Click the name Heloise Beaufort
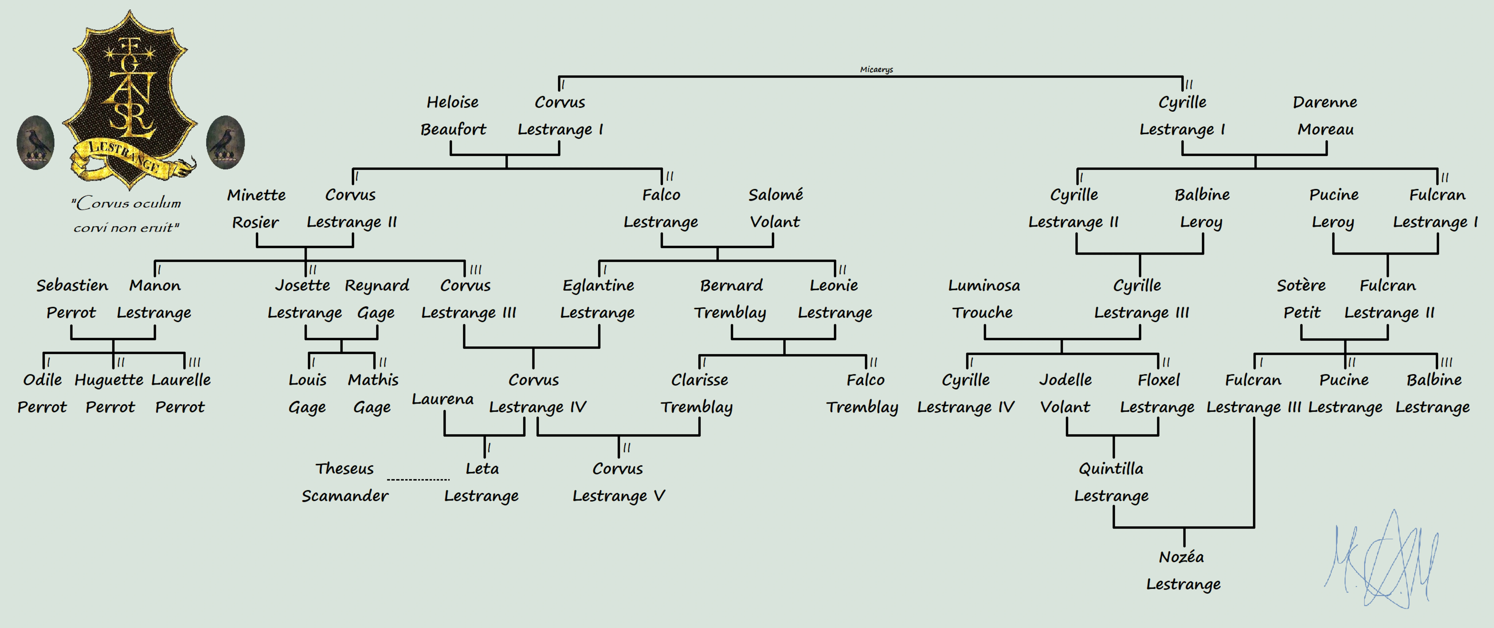[453, 115]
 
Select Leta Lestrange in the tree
[481, 482]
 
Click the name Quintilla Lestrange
[1111, 482]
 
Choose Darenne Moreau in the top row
[1325, 115]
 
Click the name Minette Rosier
[256, 208]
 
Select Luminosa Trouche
[984, 299]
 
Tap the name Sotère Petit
[1302, 299]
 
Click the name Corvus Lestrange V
[618, 482]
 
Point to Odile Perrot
[42, 393]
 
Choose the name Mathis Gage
[373, 393]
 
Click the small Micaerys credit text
[876, 70]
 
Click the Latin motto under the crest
[126, 215]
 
